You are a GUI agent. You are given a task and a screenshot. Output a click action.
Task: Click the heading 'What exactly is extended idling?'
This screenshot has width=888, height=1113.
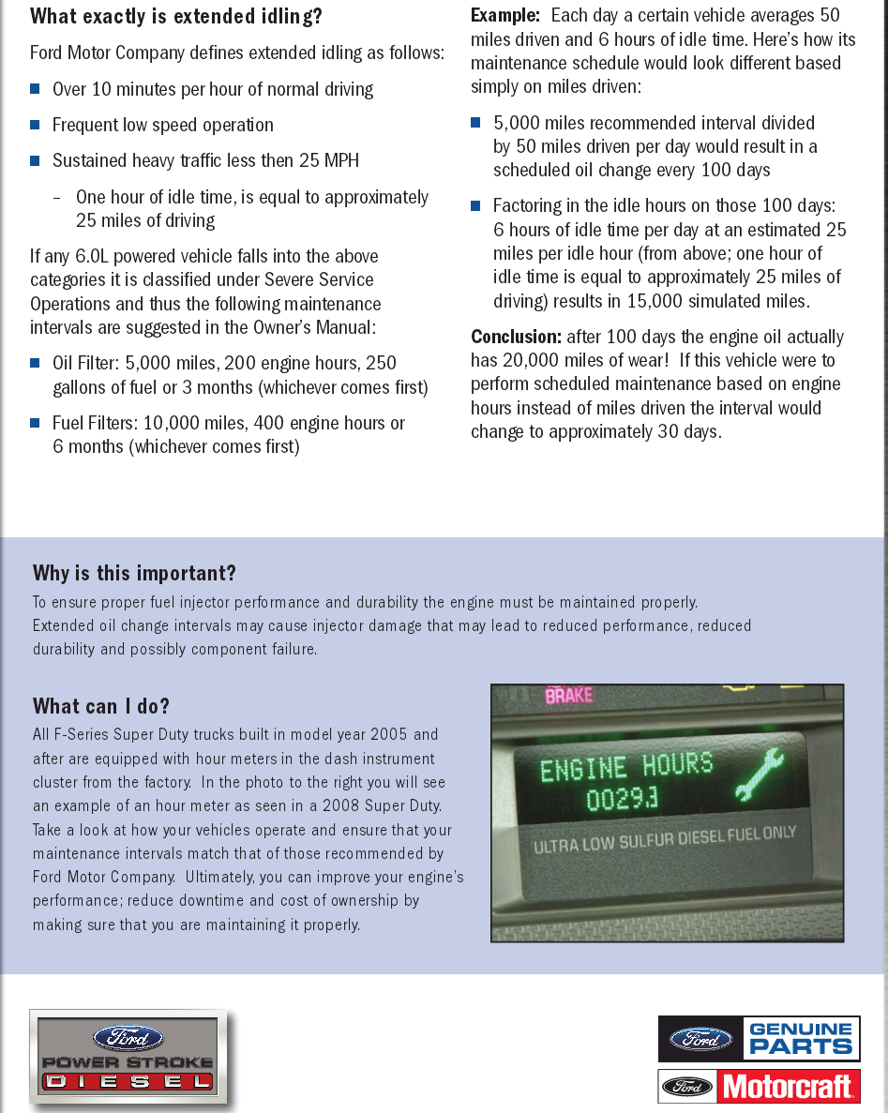(176, 16)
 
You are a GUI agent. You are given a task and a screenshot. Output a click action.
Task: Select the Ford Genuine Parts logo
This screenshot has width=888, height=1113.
(759, 1039)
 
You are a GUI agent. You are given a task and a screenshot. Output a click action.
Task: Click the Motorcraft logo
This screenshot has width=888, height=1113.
(759, 1087)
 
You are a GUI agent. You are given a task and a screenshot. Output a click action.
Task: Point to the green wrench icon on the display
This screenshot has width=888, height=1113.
(756, 777)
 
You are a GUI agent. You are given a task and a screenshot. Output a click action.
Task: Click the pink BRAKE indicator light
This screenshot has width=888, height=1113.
(568, 696)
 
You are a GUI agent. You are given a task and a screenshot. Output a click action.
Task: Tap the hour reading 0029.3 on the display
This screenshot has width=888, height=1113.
(622, 800)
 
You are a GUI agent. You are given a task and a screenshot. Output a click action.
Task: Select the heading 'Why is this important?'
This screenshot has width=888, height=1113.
(134, 573)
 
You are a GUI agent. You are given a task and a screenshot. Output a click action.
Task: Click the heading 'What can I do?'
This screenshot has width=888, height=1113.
(101, 706)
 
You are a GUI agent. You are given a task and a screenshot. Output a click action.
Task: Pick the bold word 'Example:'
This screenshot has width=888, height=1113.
(505, 16)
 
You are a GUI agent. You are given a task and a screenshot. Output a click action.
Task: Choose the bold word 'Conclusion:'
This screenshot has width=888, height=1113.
(516, 337)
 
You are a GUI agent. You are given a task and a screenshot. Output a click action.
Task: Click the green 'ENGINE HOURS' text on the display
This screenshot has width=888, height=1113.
(626, 767)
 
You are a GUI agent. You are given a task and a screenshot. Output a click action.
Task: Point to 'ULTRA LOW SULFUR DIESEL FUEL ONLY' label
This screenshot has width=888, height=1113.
(665, 840)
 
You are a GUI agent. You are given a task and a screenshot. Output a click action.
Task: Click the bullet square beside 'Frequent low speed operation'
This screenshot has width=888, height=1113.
(36, 125)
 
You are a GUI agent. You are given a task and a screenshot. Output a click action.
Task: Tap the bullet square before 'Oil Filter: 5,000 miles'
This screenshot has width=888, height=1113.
(36, 363)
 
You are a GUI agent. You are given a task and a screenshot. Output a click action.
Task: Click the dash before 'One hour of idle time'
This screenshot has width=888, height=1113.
(58, 197)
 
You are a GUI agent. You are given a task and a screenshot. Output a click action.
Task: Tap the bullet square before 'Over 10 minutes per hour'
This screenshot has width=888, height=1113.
(36, 89)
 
